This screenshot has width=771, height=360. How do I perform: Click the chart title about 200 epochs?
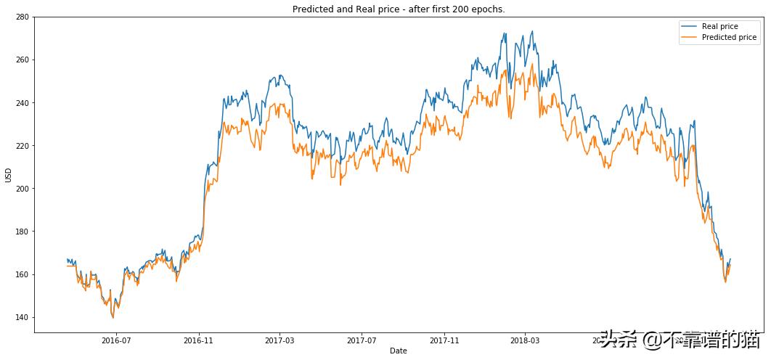398,9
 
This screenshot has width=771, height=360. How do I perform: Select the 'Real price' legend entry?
719,26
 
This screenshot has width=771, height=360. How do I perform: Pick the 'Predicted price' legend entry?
729,37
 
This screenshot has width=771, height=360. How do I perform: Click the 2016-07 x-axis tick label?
116,340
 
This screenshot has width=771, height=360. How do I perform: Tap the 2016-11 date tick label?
198,340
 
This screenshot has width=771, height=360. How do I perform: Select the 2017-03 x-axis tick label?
280,340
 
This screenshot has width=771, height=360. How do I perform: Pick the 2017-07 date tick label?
361,340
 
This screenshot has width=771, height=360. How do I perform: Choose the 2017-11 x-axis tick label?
444,340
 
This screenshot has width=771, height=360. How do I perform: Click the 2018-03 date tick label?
524,340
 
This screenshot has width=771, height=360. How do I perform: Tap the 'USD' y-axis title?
8,175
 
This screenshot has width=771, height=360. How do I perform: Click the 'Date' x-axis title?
398,351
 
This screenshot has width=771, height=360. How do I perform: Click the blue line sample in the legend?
689,26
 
